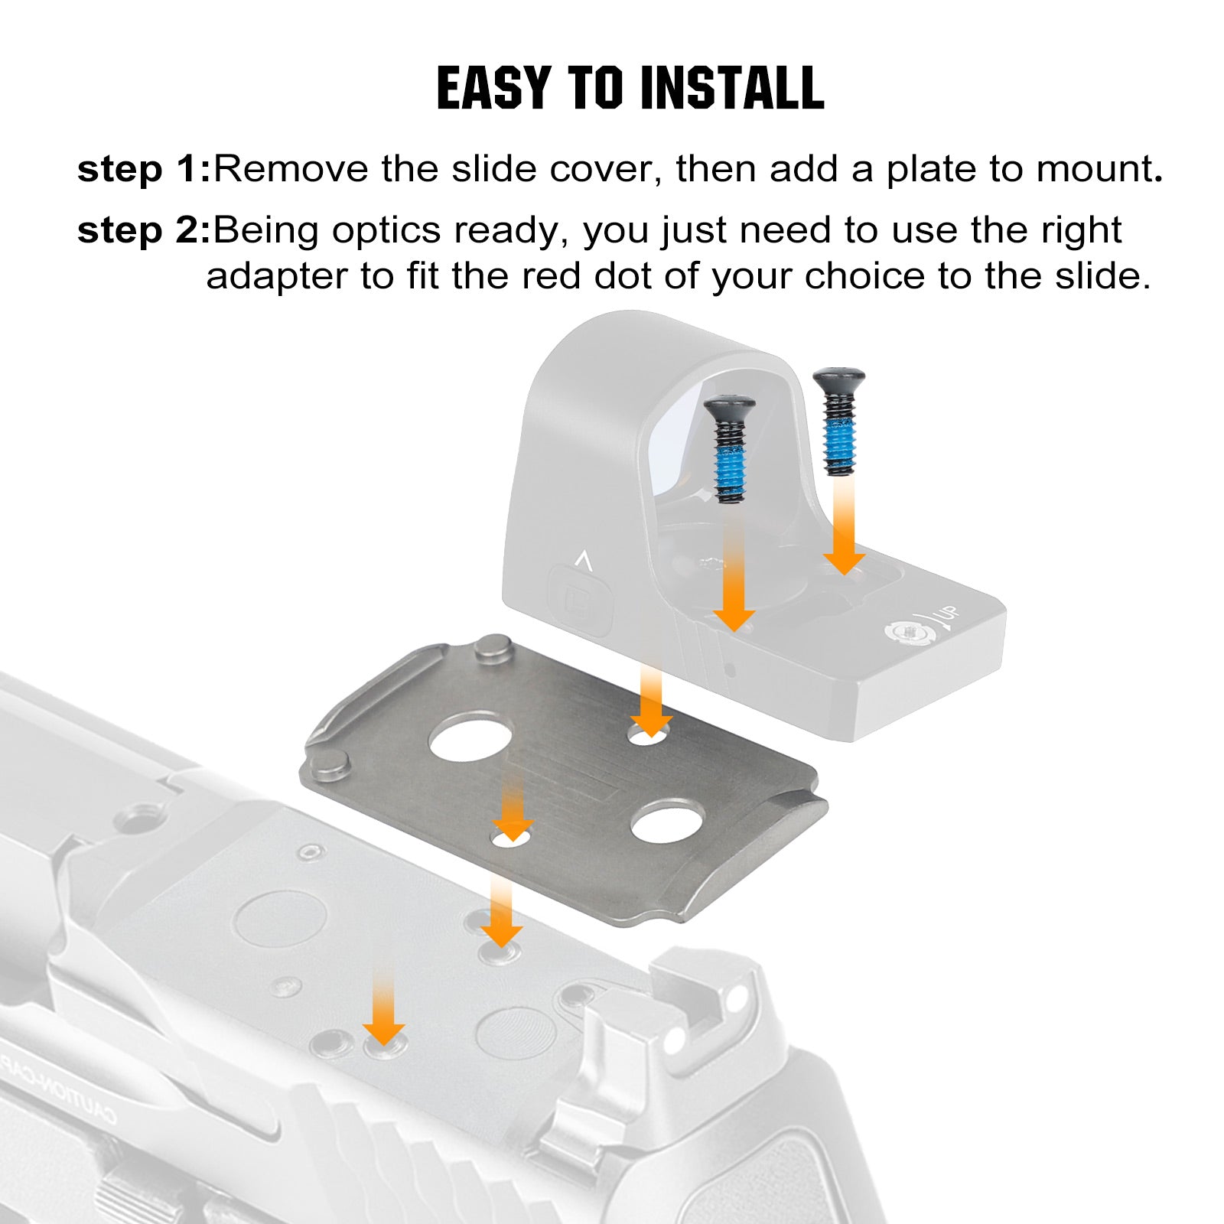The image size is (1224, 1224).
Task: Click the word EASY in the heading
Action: tap(493, 88)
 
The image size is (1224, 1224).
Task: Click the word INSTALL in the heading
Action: tap(732, 88)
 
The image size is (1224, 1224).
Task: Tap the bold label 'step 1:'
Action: tap(144, 169)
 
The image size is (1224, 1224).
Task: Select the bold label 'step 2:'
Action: tap(144, 230)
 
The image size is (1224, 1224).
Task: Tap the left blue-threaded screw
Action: tap(729, 449)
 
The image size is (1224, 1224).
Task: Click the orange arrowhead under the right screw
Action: tap(845, 562)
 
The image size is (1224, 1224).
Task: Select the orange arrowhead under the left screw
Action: tap(734, 620)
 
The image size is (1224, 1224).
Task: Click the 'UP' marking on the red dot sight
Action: tap(947, 616)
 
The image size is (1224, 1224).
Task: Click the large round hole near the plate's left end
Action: tap(470, 737)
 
